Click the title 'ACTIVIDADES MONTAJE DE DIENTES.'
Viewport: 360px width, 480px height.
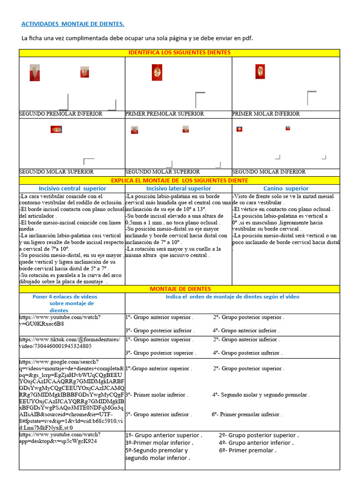[73, 24]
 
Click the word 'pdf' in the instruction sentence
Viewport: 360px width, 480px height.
[247, 38]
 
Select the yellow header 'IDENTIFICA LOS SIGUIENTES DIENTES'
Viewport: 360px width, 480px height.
[180, 52]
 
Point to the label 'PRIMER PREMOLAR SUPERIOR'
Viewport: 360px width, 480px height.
[165, 114]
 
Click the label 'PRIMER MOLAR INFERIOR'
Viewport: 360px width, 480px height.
[266, 114]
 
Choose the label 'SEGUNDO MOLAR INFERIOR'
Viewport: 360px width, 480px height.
[269, 172]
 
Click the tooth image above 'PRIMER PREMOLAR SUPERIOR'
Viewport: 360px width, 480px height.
[157, 72]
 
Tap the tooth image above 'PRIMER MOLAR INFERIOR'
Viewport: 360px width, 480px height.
[260, 72]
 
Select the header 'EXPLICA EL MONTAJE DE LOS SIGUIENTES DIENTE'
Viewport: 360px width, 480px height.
[180, 180]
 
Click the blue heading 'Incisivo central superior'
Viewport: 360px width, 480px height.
[72, 188]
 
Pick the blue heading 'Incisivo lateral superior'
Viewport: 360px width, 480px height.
[179, 188]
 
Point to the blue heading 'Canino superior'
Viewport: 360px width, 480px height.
[285, 188]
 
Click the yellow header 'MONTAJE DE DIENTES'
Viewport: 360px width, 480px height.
[180, 289]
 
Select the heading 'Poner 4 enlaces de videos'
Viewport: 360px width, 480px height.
[65, 297]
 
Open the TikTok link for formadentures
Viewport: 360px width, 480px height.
[69, 343]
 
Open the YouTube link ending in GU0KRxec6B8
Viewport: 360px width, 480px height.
[60, 320]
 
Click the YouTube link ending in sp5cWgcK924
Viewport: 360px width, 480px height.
[60, 438]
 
